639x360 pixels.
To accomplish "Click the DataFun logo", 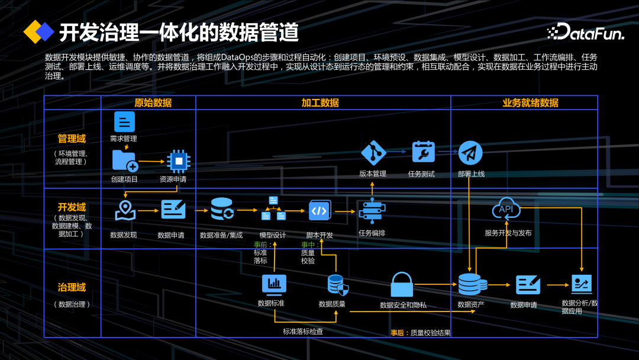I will [x=585, y=33].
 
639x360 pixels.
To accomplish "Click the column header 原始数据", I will [x=153, y=102].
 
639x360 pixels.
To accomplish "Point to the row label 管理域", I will [x=72, y=139].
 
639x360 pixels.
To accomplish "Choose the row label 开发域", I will [x=72, y=207].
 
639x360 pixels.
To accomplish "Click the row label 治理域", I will [x=72, y=287].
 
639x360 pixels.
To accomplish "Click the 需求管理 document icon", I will [x=124, y=122].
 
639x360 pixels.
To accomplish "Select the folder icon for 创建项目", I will [x=124, y=160].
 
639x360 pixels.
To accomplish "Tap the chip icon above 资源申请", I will [x=177, y=160].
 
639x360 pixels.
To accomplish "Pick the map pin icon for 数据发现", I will [x=125, y=210].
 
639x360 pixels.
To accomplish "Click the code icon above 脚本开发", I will [x=319, y=210].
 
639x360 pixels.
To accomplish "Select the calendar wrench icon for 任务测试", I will [x=423, y=152].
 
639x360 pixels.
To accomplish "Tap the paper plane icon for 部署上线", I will [x=470, y=153].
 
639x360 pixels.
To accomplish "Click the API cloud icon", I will [x=506, y=209].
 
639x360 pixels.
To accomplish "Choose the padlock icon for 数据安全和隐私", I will [x=402, y=285].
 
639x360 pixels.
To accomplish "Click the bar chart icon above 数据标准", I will [x=274, y=284].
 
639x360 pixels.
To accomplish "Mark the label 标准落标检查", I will [x=303, y=332].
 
